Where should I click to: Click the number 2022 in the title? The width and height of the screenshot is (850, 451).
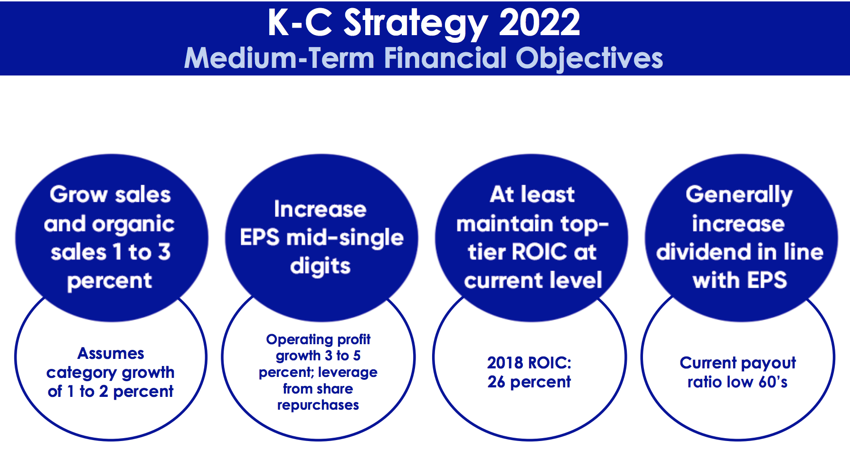click(x=540, y=22)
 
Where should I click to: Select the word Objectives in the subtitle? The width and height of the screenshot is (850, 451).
click(x=589, y=58)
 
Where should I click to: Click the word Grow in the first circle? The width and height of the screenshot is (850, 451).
click(x=79, y=195)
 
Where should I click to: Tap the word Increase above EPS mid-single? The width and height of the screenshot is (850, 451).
click(x=320, y=209)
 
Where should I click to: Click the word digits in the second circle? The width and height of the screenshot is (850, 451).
click(x=320, y=267)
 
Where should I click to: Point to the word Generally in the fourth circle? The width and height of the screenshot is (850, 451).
click(x=739, y=195)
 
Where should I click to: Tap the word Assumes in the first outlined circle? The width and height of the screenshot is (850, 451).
click(x=111, y=353)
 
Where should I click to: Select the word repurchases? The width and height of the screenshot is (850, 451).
click(x=318, y=405)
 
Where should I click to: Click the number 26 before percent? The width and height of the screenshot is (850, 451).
click(x=496, y=382)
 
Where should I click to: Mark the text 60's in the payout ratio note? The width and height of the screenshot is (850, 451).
click(x=773, y=382)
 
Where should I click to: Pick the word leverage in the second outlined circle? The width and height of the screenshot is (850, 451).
click(x=349, y=373)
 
